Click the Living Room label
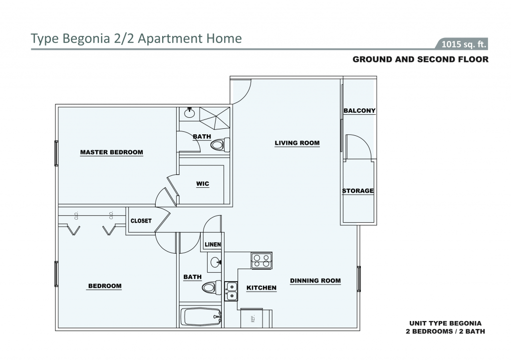pos(297,143)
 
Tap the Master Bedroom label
pos(111,152)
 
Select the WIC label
pos(203,184)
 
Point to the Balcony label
pos(359,110)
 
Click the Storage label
pos(358,191)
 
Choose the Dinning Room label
pos(315,281)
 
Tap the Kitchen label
pos(261,288)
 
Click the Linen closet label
pos(213,244)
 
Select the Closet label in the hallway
pos(141,221)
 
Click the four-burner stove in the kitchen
pos(261,261)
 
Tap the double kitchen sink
pos(231,291)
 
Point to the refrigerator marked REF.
pos(256,318)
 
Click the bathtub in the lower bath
pos(201,317)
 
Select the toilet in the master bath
pos(220,144)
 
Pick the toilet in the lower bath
pos(212,288)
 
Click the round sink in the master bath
pos(189,113)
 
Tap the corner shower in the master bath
pos(215,118)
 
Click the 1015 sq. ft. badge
pos(464,44)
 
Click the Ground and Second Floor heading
pos(420,59)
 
